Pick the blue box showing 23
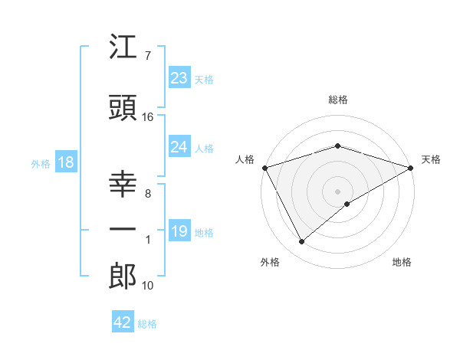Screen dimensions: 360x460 (x=179, y=77)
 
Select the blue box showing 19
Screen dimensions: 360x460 (x=179, y=231)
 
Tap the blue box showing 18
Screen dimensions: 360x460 (x=65, y=162)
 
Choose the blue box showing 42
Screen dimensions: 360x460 (x=123, y=322)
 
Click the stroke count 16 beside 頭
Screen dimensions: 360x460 (x=148, y=116)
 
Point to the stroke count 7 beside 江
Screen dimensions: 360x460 (x=147, y=56)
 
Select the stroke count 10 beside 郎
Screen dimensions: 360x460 (x=148, y=286)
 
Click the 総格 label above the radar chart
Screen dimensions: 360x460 (x=337, y=100)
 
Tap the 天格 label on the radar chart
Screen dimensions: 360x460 (x=431, y=159)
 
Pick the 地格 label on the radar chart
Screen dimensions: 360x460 (x=402, y=262)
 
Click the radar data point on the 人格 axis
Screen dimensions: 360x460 (x=264, y=167)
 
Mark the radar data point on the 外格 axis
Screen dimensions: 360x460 (x=302, y=242)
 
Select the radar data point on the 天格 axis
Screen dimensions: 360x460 (x=411, y=167)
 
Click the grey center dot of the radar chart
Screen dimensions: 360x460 (x=337, y=191)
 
